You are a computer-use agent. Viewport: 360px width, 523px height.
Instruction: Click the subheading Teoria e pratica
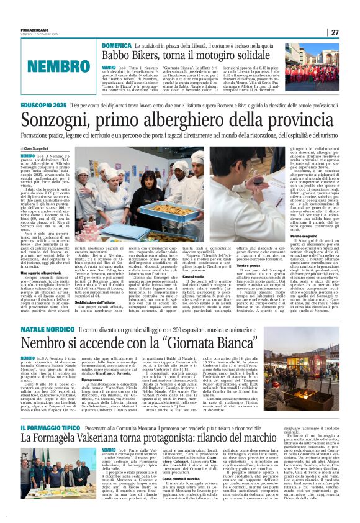pos(248,265)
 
